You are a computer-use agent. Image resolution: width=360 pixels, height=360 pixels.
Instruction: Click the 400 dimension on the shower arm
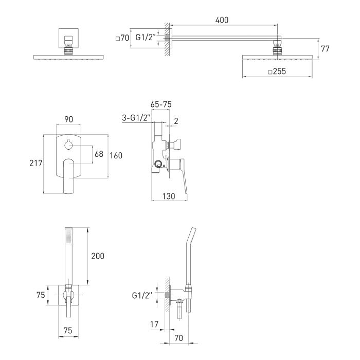[222, 20]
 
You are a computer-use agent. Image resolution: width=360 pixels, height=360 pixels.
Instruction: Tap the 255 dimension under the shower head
[277, 71]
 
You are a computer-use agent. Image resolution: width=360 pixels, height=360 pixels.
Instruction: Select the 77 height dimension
[325, 49]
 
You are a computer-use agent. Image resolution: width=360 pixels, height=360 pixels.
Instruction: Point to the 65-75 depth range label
[161, 104]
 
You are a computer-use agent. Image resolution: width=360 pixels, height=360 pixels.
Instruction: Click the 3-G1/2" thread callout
[136, 118]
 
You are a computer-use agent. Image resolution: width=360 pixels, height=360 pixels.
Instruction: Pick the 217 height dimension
[36, 163]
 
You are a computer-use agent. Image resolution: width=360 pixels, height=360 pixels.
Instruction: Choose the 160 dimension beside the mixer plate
[116, 155]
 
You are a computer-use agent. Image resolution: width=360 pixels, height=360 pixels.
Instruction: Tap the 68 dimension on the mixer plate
[99, 154]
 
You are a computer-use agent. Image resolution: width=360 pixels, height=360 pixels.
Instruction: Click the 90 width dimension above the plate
[68, 119]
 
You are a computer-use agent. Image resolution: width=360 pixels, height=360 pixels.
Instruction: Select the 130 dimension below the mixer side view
[169, 196]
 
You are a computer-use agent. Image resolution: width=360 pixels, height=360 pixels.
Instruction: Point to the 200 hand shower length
[98, 256]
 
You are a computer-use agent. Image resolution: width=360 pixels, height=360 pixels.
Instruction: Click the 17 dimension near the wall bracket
[154, 324]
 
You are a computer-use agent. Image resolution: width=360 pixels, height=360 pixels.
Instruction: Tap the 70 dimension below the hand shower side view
[178, 338]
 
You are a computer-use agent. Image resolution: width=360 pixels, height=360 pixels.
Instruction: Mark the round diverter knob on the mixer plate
[68, 145]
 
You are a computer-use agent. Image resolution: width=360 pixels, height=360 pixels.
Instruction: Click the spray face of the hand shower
[68, 236]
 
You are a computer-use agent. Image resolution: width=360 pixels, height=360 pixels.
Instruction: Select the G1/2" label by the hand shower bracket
[142, 295]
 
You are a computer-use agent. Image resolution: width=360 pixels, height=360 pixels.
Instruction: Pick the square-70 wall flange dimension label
[122, 38]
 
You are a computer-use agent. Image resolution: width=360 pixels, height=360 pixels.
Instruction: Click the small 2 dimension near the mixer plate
[176, 121]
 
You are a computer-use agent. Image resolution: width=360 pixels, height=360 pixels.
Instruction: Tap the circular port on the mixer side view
[158, 164]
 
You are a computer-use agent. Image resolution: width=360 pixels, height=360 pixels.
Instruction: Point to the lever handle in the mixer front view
[68, 176]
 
